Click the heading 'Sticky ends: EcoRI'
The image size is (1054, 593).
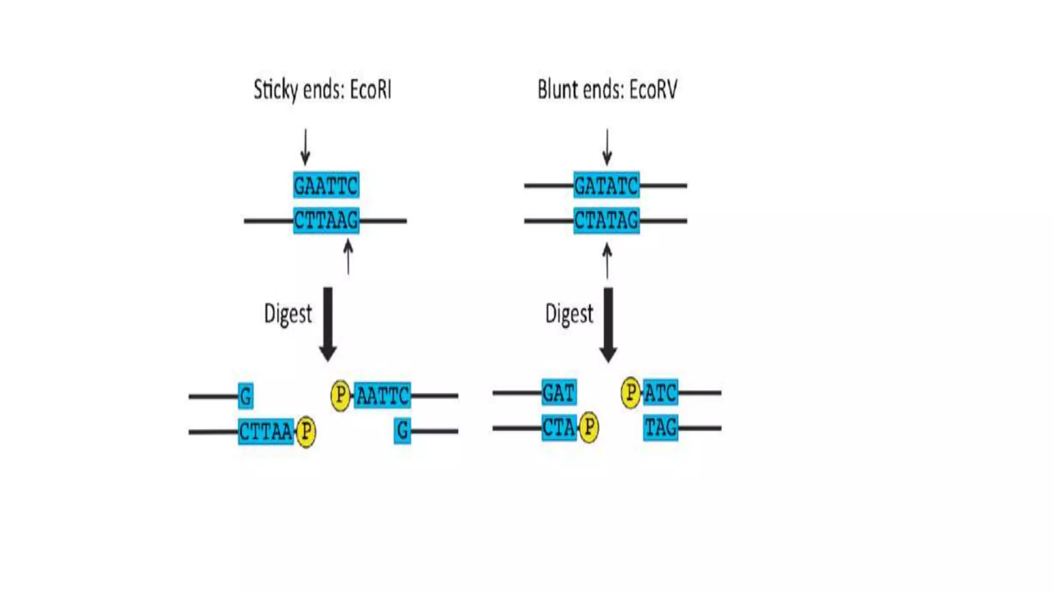pyautogui.click(x=323, y=90)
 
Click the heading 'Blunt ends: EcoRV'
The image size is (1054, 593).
pyautogui.click(x=607, y=90)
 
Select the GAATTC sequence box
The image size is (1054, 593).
pyautogui.click(x=326, y=185)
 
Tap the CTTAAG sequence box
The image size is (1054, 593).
pyautogui.click(x=326, y=220)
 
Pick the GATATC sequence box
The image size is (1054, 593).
pyautogui.click(x=606, y=185)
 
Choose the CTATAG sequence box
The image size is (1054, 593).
pyautogui.click(x=606, y=220)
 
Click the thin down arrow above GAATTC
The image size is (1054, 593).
pyautogui.click(x=305, y=147)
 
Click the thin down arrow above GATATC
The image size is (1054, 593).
pyautogui.click(x=607, y=147)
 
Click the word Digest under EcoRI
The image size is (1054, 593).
pyautogui.click(x=288, y=314)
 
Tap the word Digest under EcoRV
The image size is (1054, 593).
pyautogui.click(x=569, y=314)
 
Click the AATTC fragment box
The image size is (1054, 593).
pyautogui.click(x=382, y=396)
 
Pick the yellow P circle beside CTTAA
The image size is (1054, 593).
pyautogui.click(x=306, y=431)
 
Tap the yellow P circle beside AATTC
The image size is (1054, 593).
pyautogui.click(x=340, y=395)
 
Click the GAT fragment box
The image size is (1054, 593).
pyautogui.click(x=558, y=393)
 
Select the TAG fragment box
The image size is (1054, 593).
pyautogui.click(x=660, y=427)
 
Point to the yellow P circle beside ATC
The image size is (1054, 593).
pyautogui.click(x=630, y=393)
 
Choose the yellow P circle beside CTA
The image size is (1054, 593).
pyautogui.click(x=589, y=427)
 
